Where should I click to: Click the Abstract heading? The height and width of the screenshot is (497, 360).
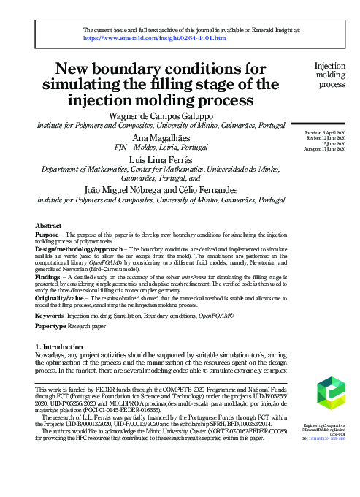(48, 227)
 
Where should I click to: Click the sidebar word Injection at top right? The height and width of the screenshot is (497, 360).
(330, 65)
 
